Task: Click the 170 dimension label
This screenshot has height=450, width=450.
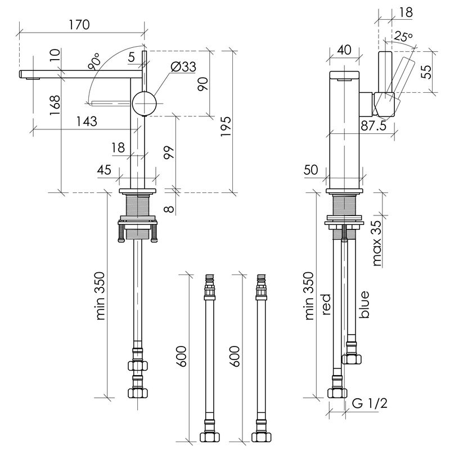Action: click(x=79, y=24)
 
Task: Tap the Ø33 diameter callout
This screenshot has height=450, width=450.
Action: click(x=183, y=66)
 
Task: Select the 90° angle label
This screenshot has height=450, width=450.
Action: click(x=94, y=61)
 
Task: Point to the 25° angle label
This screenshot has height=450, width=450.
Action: click(x=403, y=37)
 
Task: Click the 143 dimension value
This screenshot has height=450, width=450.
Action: click(x=87, y=121)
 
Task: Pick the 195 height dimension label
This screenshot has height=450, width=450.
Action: click(x=226, y=127)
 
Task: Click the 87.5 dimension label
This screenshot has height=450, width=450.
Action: click(x=373, y=125)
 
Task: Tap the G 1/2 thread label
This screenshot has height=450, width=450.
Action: click(x=370, y=403)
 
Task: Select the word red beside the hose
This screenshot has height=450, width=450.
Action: click(x=326, y=304)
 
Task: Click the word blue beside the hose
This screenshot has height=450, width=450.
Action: click(x=364, y=304)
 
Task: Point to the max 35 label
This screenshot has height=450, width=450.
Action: click(x=377, y=243)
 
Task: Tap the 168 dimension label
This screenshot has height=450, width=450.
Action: click(x=55, y=105)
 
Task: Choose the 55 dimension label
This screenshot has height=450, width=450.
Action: click(x=426, y=72)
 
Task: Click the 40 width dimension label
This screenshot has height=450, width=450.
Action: click(x=344, y=49)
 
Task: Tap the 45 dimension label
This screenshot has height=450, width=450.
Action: click(x=104, y=170)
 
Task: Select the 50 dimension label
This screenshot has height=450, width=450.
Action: click(x=311, y=170)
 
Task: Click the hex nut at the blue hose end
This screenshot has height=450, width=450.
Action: click(x=352, y=359)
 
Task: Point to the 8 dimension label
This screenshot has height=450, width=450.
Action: click(x=169, y=208)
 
